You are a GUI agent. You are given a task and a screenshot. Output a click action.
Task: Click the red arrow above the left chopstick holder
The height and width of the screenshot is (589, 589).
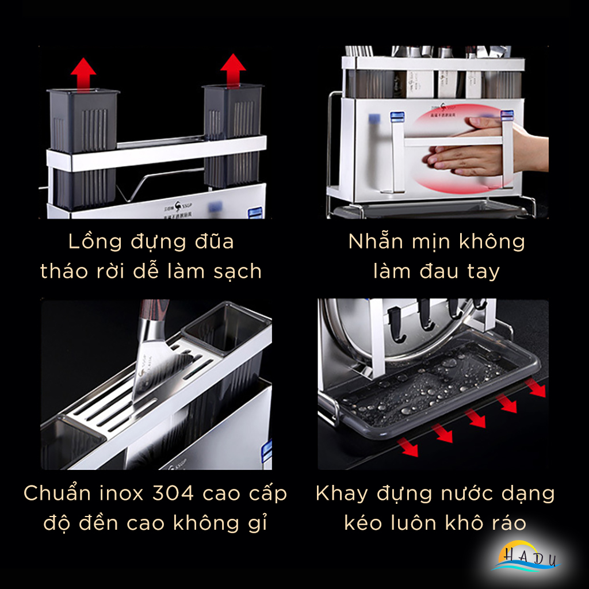[83, 74]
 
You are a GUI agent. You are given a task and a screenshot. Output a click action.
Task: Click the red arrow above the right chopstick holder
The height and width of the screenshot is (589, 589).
[233, 70]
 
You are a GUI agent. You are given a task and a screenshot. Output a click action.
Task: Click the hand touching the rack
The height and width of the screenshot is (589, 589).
[477, 147]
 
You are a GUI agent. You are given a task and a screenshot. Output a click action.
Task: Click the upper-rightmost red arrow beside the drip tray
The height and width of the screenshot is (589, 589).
[536, 388]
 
